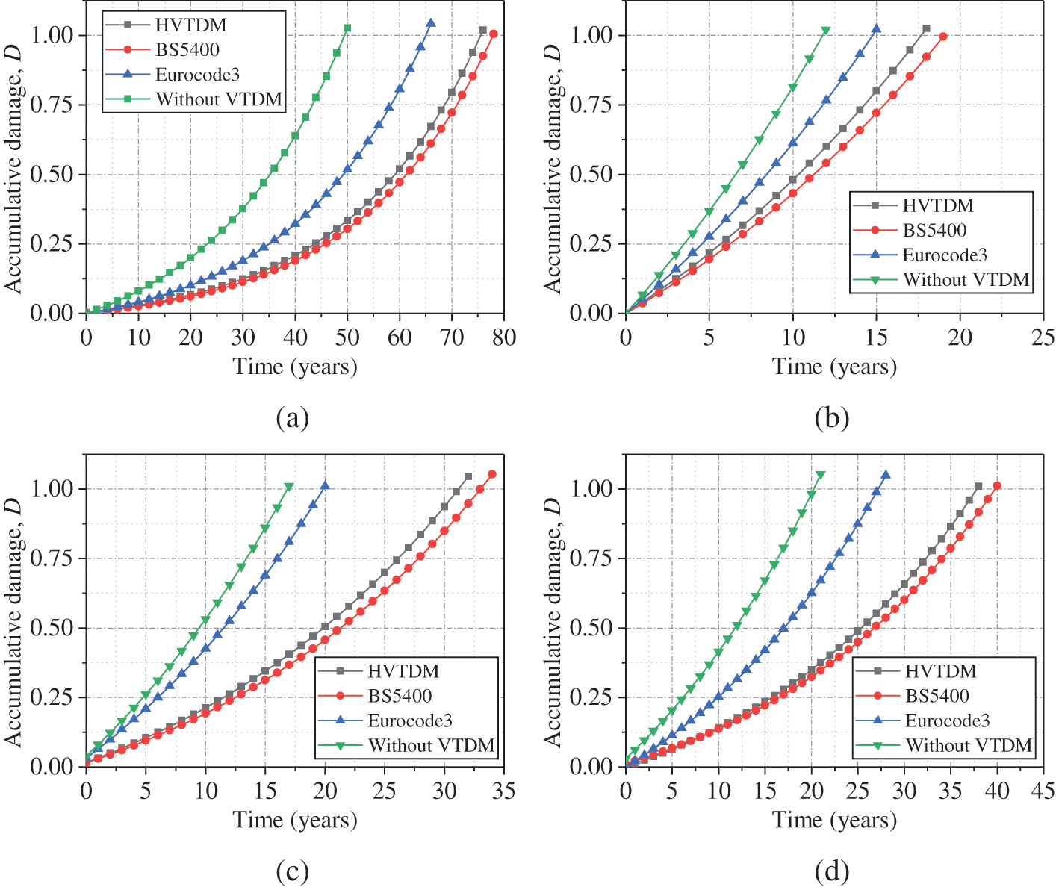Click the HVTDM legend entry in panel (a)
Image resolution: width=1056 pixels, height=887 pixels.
pos(190,25)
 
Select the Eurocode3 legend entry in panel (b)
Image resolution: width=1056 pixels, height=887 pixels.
pos(945,255)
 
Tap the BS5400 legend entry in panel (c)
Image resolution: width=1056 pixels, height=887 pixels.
pos(400,696)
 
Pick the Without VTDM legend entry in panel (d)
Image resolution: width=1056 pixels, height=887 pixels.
pos(969,745)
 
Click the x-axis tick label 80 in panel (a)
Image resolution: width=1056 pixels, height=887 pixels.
pos(504,337)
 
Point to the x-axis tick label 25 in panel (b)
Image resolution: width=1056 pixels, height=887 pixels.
pos(1043,337)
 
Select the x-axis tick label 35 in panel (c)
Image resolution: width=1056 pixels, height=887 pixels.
pos(504,791)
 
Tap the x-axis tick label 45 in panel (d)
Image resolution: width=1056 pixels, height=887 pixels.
pos(1043,791)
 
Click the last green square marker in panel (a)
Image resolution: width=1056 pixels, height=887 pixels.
pos(347,28)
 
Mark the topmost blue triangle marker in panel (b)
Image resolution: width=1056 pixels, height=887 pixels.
pos(876,29)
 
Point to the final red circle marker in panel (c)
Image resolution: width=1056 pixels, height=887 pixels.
pos(492,474)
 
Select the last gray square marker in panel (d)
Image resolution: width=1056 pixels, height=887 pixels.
pos(978,487)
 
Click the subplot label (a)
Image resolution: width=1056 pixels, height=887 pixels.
pos(292,417)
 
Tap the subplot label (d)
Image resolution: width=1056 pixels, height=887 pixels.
pos(832,871)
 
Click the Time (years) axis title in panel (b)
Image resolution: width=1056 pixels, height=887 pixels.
pos(834,367)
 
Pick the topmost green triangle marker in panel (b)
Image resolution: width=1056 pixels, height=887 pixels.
pos(825,31)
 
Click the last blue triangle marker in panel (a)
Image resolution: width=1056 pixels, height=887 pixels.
pos(431,23)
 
